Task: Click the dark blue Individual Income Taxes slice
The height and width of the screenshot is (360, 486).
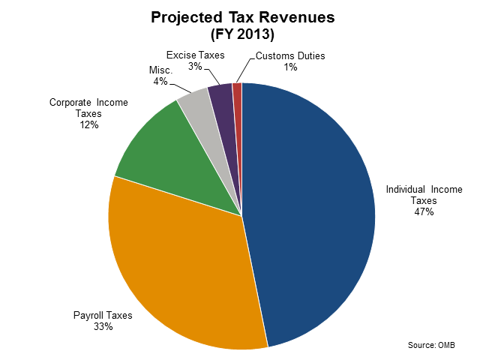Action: click(315, 210)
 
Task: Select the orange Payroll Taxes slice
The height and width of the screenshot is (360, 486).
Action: click(180, 270)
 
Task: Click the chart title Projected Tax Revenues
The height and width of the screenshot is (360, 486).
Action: click(242, 17)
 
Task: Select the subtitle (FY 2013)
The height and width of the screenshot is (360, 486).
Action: click(242, 34)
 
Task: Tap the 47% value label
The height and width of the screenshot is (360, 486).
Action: click(424, 212)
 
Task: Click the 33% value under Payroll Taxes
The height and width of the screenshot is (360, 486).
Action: click(103, 327)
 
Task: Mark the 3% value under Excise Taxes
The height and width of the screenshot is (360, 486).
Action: click(194, 67)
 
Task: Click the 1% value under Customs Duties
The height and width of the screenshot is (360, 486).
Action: click(290, 67)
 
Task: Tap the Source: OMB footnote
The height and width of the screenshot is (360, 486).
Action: click(431, 345)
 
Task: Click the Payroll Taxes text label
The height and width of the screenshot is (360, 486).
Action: click(103, 316)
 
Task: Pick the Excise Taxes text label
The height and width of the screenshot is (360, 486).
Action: click(194, 55)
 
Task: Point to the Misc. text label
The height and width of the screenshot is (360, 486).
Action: click(161, 70)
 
